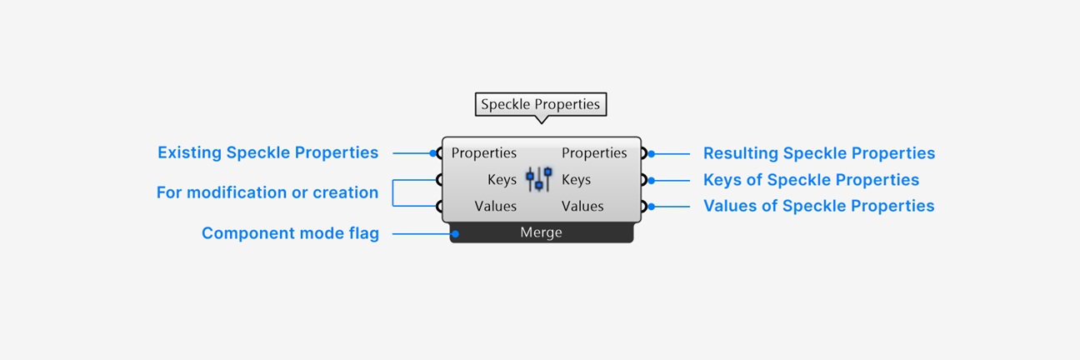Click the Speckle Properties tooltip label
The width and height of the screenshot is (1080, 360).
pyautogui.click(x=541, y=104)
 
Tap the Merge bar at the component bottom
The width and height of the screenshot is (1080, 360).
pyautogui.click(x=542, y=232)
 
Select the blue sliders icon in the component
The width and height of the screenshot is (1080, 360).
pyautogui.click(x=539, y=179)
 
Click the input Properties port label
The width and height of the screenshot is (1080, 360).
pyautogui.click(x=483, y=153)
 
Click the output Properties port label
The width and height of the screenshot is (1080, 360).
pyautogui.click(x=594, y=153)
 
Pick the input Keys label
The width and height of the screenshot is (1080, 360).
pyautogui.click(x=502, y=180)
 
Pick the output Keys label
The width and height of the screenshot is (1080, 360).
pyautogui.click(x=576, y=180)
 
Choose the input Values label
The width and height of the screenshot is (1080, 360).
pyautogui.click(x=495, y=207)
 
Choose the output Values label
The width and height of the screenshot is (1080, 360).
pyautogui.click(x=582, y=207)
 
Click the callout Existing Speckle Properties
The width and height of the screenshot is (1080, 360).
pyautogui.click(x=268, y=152)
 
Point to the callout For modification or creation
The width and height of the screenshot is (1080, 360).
pyautogui.click(x=267, y=192)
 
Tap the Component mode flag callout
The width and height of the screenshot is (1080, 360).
pyautogui.click(x=290, y=233)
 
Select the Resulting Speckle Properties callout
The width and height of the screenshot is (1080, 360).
pyautogui.click(x=819, y=153)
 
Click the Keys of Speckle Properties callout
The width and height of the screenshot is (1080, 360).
pyautogui.click(x=812, y=180)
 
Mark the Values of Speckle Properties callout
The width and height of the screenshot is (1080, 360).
pyautogui.click(x=818, y=207)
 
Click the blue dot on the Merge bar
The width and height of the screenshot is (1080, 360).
pyautogui.click(x=455, y=234)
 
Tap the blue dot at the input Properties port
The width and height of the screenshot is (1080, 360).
pyautogui.click(x=433, y=153)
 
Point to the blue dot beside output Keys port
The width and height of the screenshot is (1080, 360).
pyautogui.click(x=652, y=181)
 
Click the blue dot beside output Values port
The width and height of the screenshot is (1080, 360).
pyautogui.click(x=652, y=207)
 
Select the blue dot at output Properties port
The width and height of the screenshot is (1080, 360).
pyautogui.click(x=652, y=154)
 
